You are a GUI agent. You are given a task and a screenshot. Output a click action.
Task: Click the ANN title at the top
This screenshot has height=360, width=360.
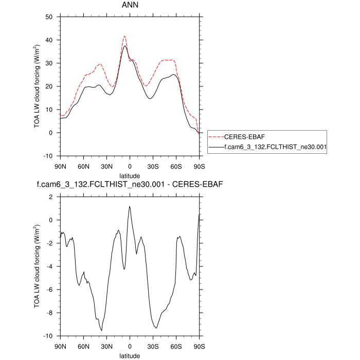[130, 7]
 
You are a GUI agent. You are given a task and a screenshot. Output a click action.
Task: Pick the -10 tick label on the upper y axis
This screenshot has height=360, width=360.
[48, 156]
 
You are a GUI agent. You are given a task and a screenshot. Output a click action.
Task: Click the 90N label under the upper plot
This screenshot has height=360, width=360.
[61, 166]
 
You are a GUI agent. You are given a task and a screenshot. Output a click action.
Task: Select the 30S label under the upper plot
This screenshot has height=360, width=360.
[153, 166]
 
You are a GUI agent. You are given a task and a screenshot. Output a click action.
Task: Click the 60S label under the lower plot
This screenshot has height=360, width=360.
[176, 346]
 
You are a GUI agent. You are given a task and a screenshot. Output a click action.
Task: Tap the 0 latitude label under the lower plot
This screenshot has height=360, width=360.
[130, 346]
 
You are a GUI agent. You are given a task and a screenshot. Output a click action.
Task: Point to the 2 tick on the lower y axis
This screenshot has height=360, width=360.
[51, 197]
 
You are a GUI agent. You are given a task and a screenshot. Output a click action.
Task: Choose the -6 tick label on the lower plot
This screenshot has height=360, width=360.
[50, 290]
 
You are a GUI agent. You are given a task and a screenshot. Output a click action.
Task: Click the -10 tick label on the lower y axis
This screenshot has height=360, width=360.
[48, 336]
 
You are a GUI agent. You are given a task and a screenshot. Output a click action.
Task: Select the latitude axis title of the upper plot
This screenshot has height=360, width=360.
[130, 176]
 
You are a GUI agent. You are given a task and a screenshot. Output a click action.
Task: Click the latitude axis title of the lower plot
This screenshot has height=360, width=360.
[130, 355]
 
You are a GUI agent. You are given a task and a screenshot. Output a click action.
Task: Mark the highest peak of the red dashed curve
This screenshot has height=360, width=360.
[124, 36]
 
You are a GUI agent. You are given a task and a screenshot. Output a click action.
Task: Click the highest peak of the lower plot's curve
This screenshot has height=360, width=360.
[130, 206]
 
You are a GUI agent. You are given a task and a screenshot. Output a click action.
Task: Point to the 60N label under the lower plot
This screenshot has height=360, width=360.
[84, 346]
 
